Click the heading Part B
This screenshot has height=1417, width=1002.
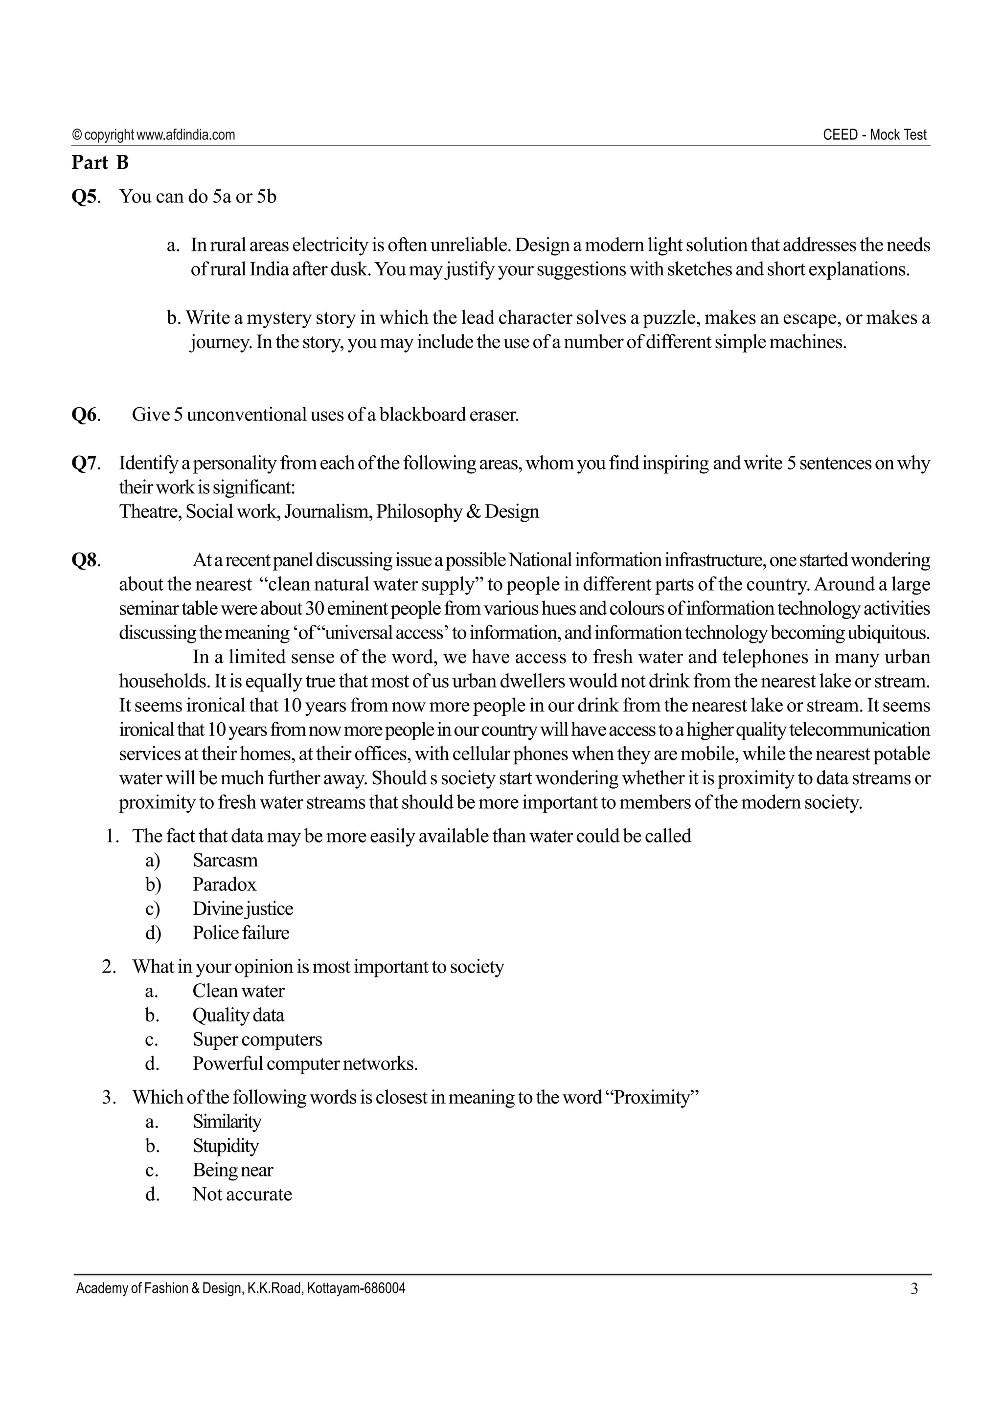point(99,162)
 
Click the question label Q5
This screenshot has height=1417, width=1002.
point(85,197)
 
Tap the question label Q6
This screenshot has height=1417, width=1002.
point(85,415)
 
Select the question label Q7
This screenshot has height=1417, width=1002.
point(85,463)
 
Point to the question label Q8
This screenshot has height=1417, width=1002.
point(85,560)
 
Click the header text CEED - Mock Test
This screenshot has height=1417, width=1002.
point(874,134)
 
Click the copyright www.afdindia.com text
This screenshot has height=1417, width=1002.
point(154,134)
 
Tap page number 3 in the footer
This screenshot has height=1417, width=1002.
point(914,1288)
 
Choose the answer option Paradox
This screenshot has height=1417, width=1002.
point(224,885)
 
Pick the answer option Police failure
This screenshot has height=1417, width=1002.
point(241,932)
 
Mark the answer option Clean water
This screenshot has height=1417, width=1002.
point(238,991)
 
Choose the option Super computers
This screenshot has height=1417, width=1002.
point(257,1040)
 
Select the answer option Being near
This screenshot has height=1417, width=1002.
point(233,1170)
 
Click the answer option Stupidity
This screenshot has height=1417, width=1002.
point(226,1146)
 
